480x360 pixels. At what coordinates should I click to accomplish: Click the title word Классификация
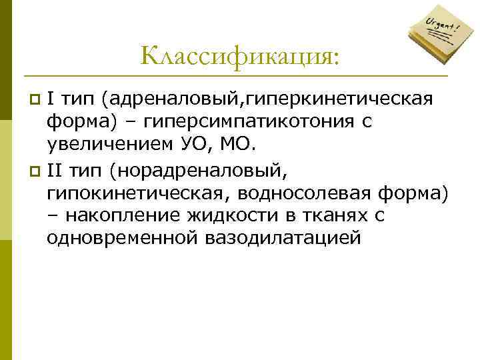click(x=239, y=55)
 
